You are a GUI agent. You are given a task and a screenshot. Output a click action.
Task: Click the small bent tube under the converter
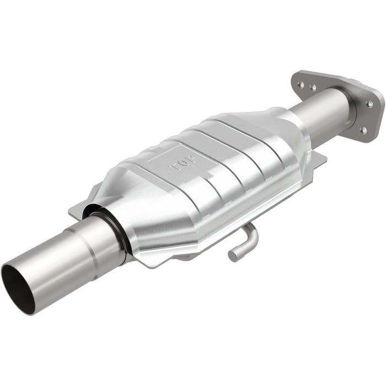[x=243, y=243]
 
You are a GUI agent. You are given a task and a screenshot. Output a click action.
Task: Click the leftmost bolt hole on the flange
[x=301, y=84]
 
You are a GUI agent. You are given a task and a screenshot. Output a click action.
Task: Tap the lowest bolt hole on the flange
[x=363, y=130]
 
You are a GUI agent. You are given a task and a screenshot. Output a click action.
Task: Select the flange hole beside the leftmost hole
[x=313, y=87]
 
